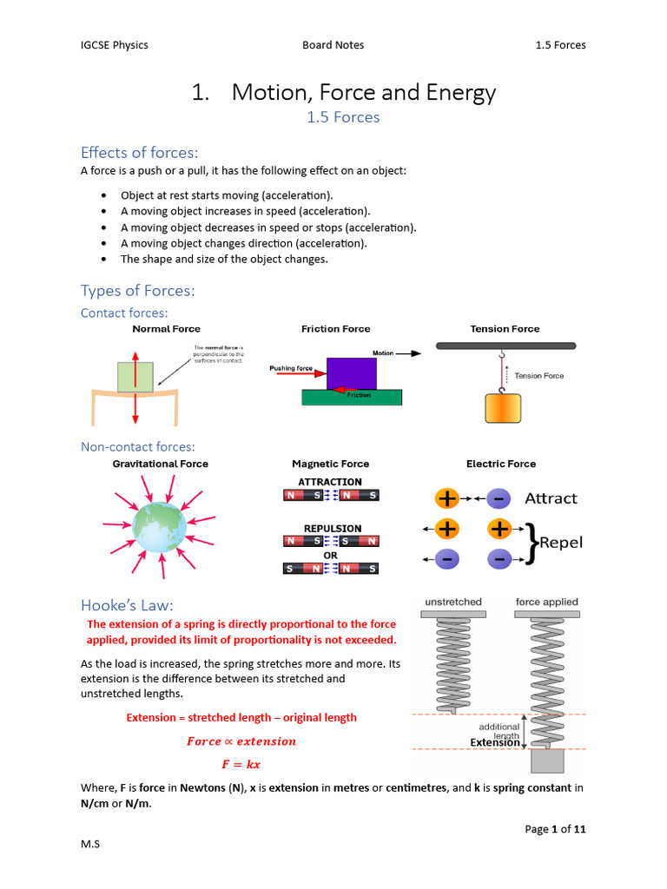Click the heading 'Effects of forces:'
[x=139, y=153]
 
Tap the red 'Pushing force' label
[x=291, y=368]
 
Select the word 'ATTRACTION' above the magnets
[x=330, y=482]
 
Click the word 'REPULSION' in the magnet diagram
[x=333, y=528]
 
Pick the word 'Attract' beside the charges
[x=551, y=498]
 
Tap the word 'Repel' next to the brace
[x=561, y=543]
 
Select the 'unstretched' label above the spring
[x=453, y=602]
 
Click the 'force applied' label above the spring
[x=546, y=602]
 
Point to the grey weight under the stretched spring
[x=547, y=761]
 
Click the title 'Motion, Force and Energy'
[x=363, y=93]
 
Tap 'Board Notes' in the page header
[x=333, y=45]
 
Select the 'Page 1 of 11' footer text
[x=555, y=829]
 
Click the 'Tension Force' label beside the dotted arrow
[x=538, y=376]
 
